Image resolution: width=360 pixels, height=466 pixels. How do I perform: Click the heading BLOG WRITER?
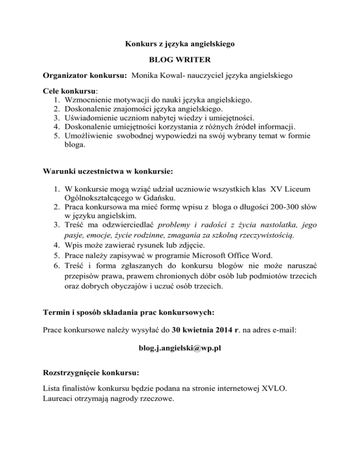point(180,60)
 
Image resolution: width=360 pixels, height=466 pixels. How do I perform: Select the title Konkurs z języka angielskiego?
point(180,45)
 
